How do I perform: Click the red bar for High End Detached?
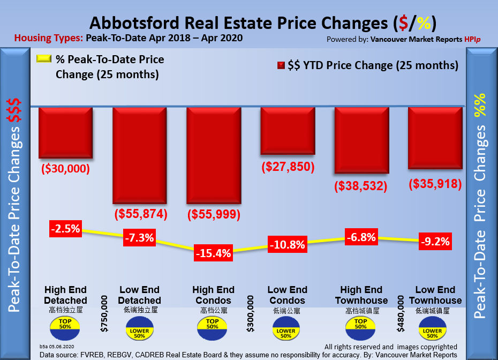[x=66, y=132]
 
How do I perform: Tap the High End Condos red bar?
[x=214, y=155]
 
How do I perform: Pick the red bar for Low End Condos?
[x=288, y=131]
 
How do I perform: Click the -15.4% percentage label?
[x=214, y=252]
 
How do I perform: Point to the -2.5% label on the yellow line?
[x=65, y=229]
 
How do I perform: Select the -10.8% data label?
[x=287, y=245]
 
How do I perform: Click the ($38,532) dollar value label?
[x=361, y=186]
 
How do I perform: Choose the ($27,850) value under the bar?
[x=287, y=167]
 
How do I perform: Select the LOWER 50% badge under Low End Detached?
[x=140, y=329]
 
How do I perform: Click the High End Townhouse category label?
[x=361, y=295]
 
